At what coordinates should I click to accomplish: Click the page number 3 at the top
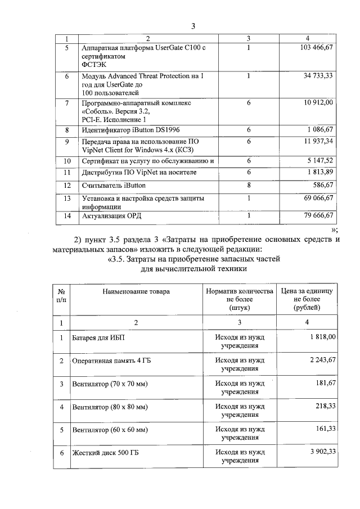point(193,26)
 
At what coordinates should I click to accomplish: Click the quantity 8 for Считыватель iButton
point(249,184)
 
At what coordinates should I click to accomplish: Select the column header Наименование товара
point(136,291)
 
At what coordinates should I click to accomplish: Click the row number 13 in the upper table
point(67,199)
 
